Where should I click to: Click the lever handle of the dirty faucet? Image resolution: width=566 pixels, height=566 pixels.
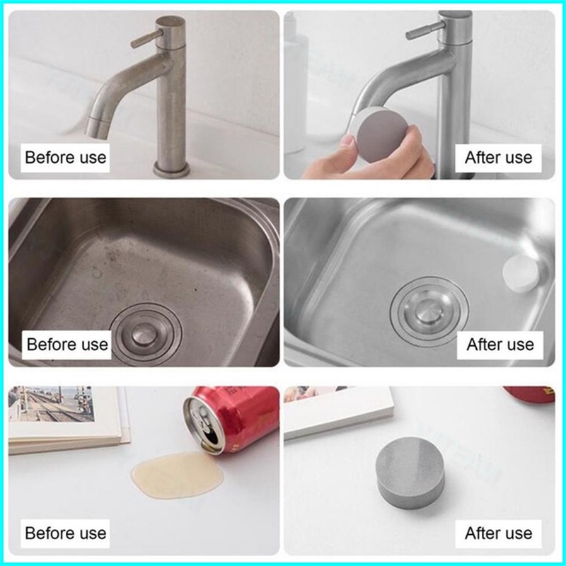[147, 38]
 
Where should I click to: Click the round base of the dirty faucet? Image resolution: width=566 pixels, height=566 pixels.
[171, 169]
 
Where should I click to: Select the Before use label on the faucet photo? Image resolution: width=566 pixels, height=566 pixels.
[65, 158]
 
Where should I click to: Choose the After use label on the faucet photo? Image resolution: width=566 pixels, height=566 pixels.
[498, 158]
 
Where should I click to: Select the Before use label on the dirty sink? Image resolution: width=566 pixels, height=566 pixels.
[67, 345]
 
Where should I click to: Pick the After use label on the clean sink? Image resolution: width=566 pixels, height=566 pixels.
[500, 345]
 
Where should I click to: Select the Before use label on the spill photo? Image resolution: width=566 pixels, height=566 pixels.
[65, 533]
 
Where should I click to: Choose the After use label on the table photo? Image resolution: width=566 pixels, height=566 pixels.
[498, 533]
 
